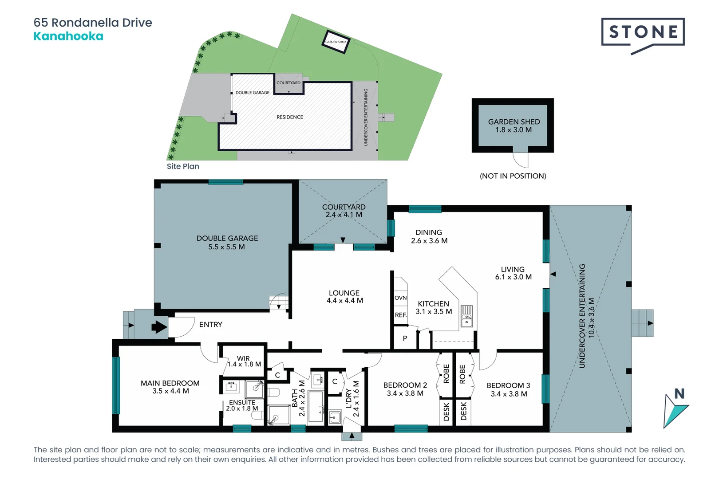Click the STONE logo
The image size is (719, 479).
643,33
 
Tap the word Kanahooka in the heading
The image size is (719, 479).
68,36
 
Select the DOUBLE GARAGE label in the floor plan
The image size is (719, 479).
227,242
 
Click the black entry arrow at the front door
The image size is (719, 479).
159,327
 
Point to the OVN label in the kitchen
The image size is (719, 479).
400,298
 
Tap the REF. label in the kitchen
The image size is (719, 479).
400,315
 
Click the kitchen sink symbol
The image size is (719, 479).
466,316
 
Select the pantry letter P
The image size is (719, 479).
405,338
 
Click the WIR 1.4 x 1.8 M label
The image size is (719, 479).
244,361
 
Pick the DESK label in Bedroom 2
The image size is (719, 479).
446,411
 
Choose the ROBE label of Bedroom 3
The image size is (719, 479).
462,374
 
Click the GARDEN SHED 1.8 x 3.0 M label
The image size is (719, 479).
514,126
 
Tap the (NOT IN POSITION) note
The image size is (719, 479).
513,176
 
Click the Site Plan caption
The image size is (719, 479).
183,166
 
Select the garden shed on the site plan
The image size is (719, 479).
336,42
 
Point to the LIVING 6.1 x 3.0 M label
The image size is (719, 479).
513,273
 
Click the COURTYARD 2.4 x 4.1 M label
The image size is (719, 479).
344,211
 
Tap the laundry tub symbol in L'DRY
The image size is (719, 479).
335,417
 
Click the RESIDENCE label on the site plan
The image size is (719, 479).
290,117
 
